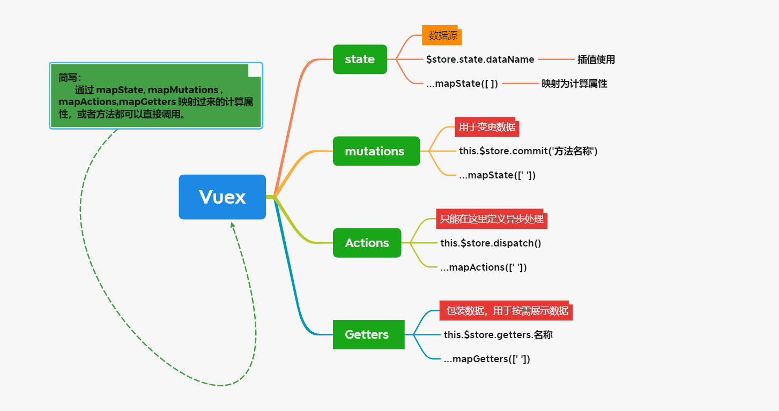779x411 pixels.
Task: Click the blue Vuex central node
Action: point(222,197)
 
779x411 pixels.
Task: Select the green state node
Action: point(360,59)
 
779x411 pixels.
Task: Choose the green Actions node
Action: point(367,243)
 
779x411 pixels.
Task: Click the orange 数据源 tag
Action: point(442,36)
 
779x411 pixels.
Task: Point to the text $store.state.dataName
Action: point(480,59)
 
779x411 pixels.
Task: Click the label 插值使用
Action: point(596,59)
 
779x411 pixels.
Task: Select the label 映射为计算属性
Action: point(574,84)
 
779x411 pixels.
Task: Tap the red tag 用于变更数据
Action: point(487,128)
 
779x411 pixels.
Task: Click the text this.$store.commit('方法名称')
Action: point(528,151)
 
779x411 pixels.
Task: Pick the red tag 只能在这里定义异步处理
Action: point(492,219)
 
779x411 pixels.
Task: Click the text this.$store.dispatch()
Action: point(491,243)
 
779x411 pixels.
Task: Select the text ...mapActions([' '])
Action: point(483,267)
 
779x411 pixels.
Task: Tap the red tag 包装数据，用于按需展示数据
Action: point(507,311)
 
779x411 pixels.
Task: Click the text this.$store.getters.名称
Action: point(498,335)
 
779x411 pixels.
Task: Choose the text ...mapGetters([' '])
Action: point(486,358)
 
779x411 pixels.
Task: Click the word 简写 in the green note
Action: point(69,77)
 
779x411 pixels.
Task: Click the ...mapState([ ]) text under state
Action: point(462,84)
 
